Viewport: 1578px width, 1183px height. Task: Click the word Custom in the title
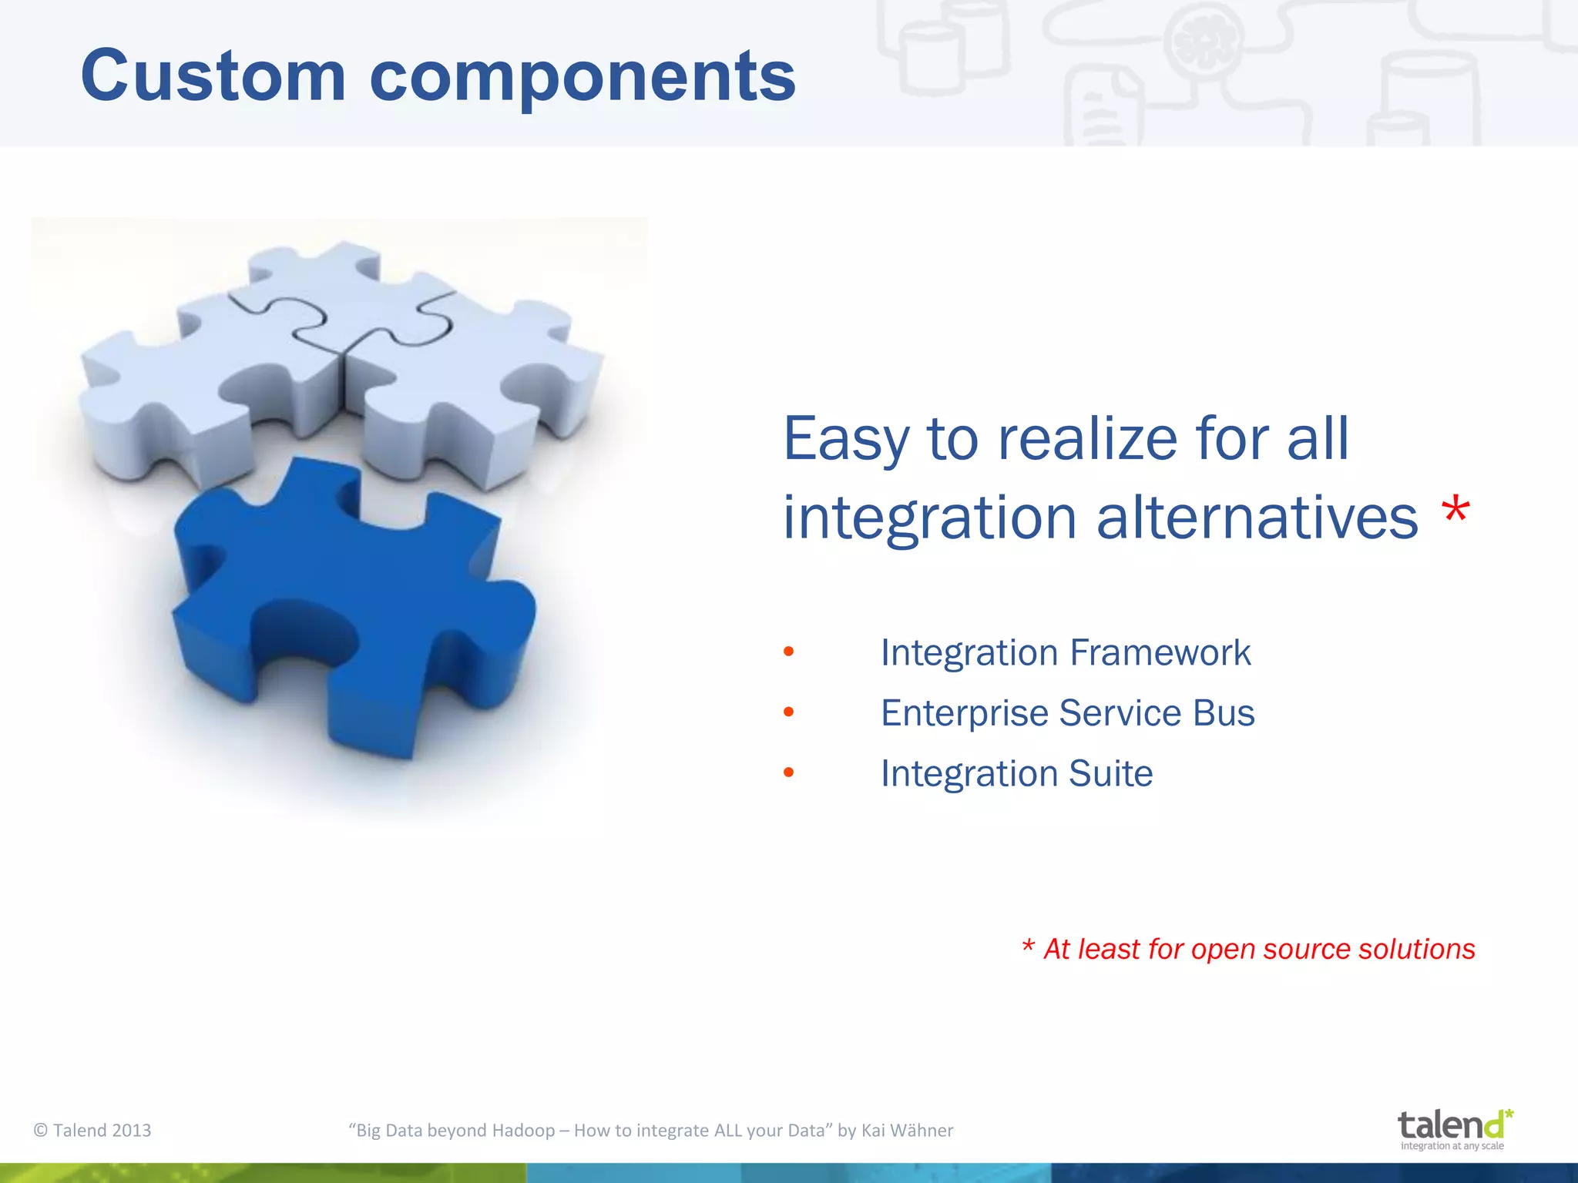[x=213, y=75]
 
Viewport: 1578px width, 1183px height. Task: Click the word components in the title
[x=583, y=77]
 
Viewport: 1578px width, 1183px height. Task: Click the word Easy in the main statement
[x=846, y=439]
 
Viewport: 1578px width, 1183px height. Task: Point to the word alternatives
[x=1257, y=518]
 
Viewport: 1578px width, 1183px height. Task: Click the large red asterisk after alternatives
[x=1455, y=511]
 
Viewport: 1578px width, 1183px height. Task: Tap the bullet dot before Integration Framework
[x=788, y=652]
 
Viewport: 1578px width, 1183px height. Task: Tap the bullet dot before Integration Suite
[x=788, y=772]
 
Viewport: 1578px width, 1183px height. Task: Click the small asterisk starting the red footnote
[x=1028, y=947]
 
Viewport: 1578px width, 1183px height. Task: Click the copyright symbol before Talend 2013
[x=41, y=1131]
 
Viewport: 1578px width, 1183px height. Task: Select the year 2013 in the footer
[x=132, y=1131]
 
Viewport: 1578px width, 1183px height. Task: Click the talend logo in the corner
[x=1454, y=1129]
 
